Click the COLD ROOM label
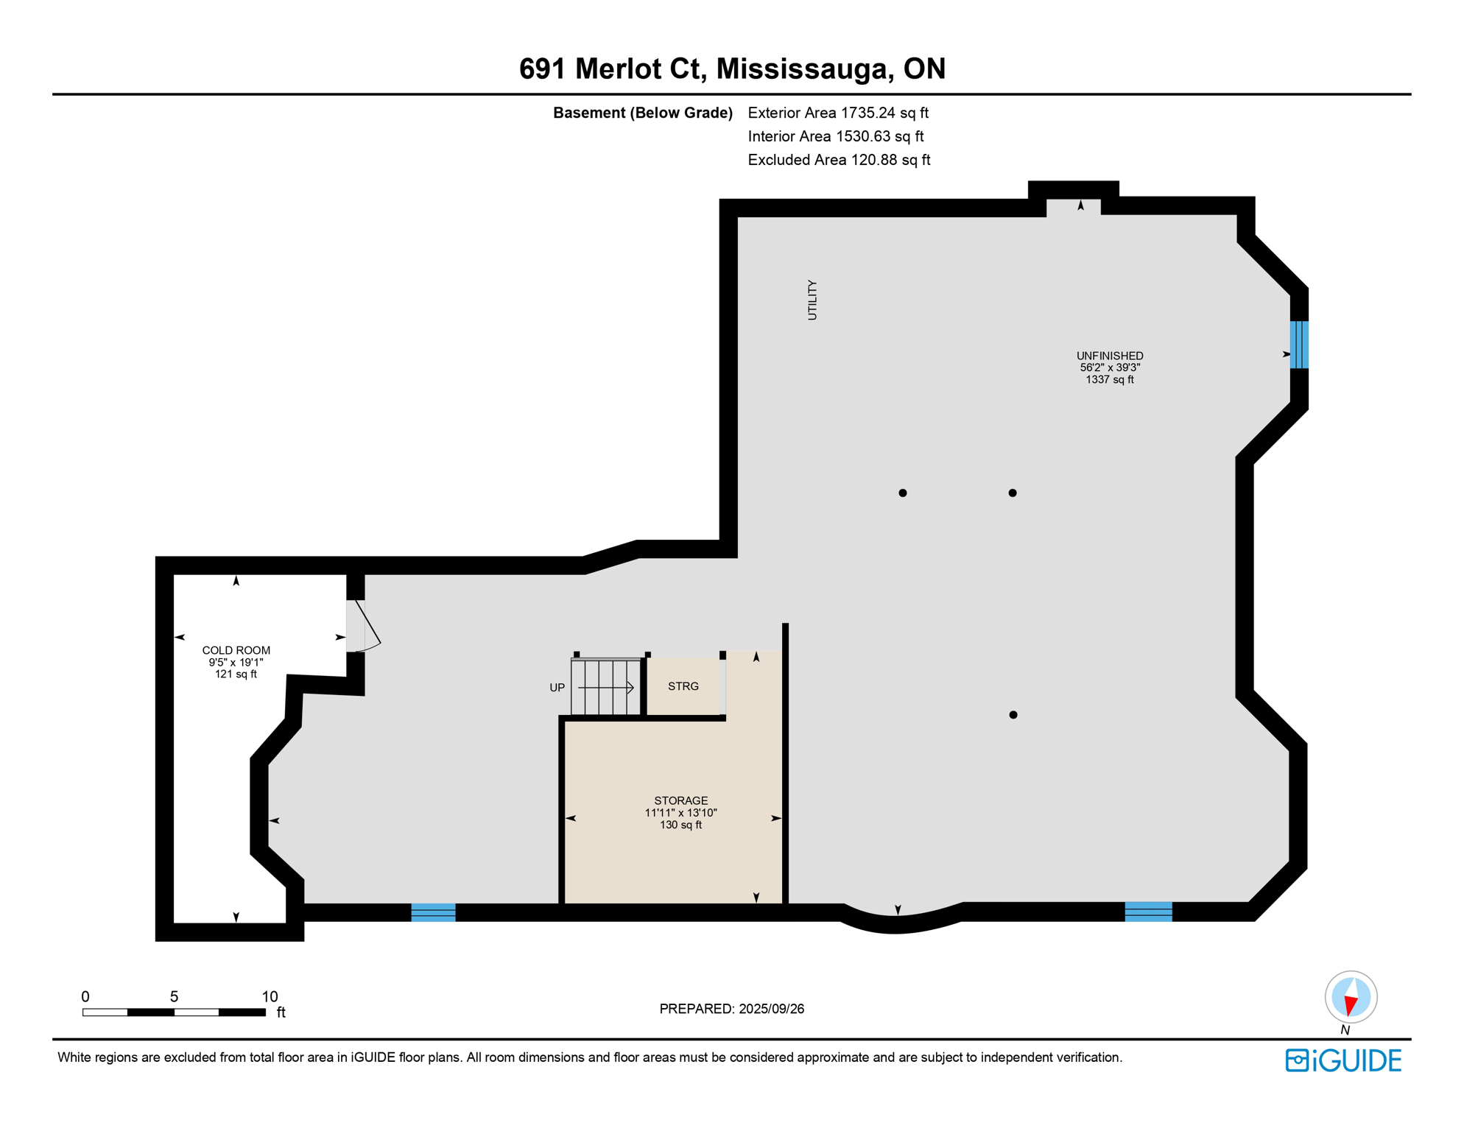click(x=236, y=650)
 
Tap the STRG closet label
click(x=683, y=686)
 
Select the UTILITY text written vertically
click(x=812, y=300)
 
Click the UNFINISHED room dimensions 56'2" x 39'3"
click(x=1109, y=367)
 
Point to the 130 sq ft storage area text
click(x=680, y=825)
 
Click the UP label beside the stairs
click(x=557, y=688)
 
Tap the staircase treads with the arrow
click(x=605, y=688)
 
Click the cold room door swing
click(x=366, y=626)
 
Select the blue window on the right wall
click(x=1299, y=345)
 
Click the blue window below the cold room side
click(x=433, y=912)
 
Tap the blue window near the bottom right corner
click(x=1148, y=912)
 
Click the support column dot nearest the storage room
click(x=902, y=493)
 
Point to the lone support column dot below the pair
click(x=1013, y=714)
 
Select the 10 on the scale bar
click(x=270, y=996)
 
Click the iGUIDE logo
click(x=1343, y=1060)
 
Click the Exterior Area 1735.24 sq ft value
click(x=838, y=113)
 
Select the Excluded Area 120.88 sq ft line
click(x=839, y=160)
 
